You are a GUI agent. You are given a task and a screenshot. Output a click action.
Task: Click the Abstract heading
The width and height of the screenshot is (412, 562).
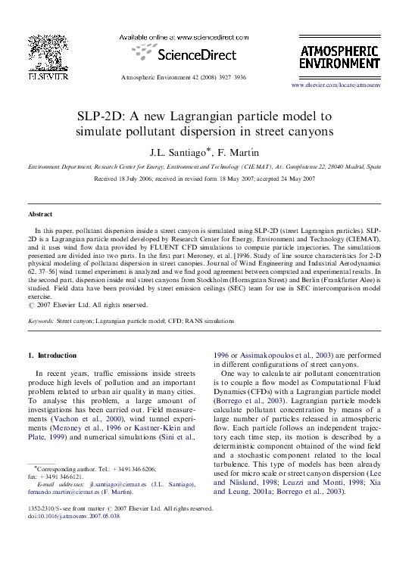pyautogui.click(x=40, y=214)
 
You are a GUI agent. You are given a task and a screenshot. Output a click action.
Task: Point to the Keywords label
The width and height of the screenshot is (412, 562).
pyautogui.click(x=41, y=321)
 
